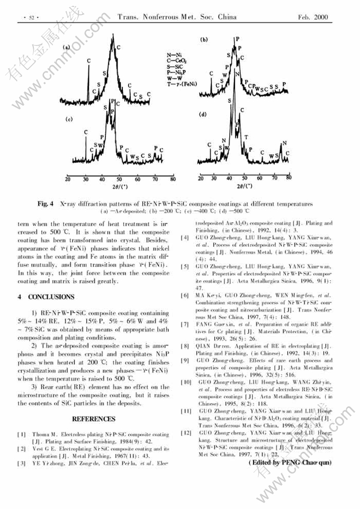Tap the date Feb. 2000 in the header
pyautogui.click(x=313, y=17)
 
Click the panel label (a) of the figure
pyautogui.click(x=67, y=48)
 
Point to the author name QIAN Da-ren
pyautogui.click(x=212, y=345)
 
